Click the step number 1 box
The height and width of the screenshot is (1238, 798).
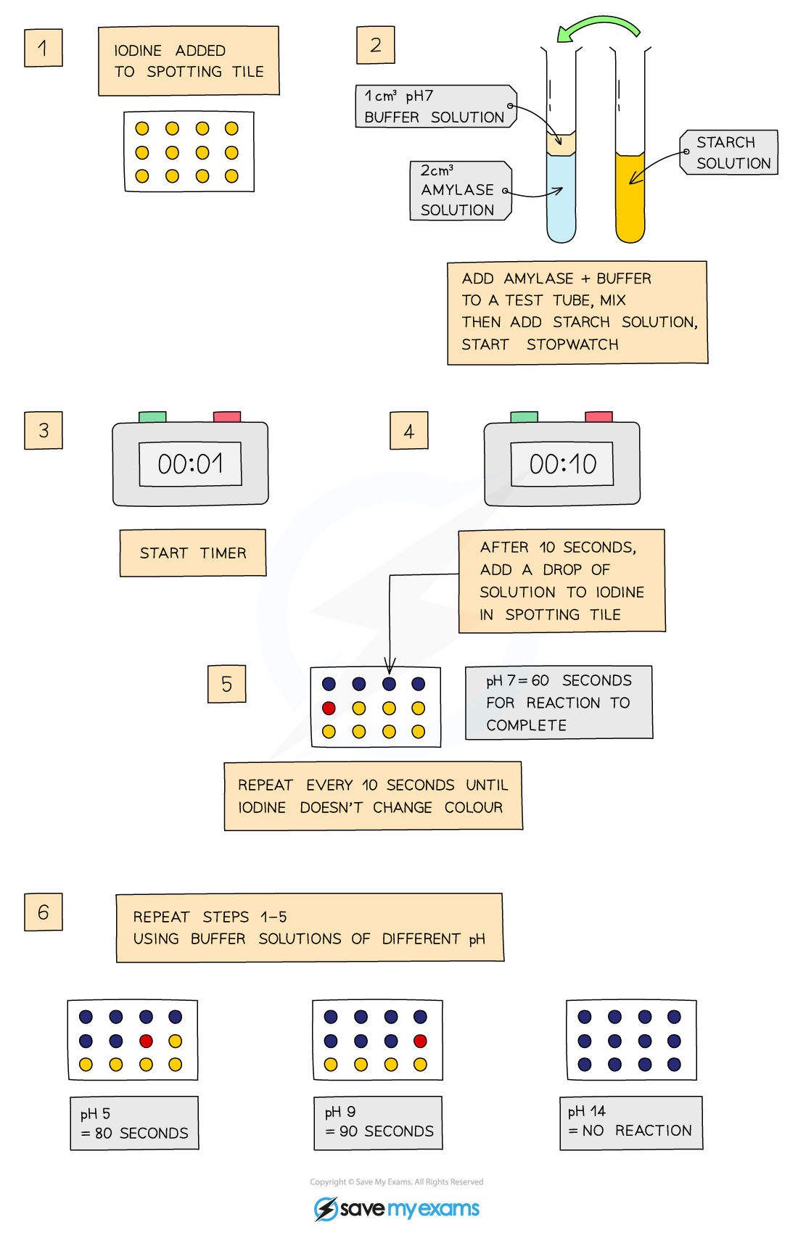pyautogui.click(x=43, y=48)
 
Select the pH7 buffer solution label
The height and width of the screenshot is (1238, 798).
pyautogui.click(x=435, y=107)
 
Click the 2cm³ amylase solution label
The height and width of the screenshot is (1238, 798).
pyautogui.click(x=459, y=191)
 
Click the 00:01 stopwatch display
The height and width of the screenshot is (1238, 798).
pyautogui.click(x=190, y=464)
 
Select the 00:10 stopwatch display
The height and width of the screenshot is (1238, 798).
pyautogui.click(x=562, y=464)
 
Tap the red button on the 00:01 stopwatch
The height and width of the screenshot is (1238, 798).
pyautogui.click(x=227, y=416)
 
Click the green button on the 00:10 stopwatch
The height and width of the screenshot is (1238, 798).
pyautogui.click(x=524, y=416)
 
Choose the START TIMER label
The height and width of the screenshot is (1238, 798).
pyautogui.click(x=193, y=553)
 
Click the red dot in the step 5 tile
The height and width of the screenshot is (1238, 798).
pyautogui.click(x=329, y=708)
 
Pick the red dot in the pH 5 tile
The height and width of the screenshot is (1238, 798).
pyautogui.click(x=146, y=1041)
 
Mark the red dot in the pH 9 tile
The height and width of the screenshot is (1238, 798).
pyautogui.click(x=420, y=1041)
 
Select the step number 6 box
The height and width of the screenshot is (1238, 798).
pyautogui.click(x=44, y=912)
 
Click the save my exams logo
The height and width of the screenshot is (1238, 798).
pyautogui.click(x=397, y=1208)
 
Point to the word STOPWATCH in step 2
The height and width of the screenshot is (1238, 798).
pyautogui.click(x=572, y=344)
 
